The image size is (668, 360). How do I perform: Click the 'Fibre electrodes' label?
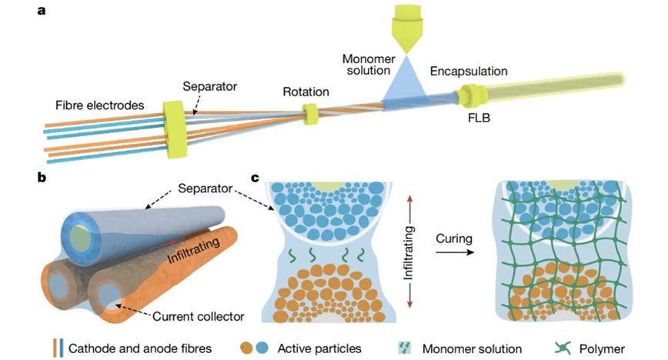point(95,104)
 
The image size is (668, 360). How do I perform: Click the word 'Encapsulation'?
point(469,71)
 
